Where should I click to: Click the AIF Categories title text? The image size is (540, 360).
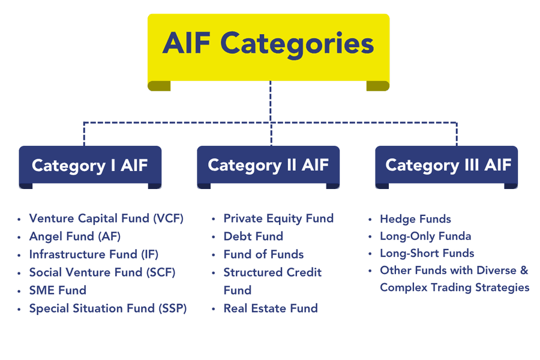click(x=268, y=43)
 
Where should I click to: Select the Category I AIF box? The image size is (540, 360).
click(x=89, y=165)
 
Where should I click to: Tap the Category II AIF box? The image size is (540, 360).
click(x=268, y=165)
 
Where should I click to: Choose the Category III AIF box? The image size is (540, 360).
click(x=448, y=165)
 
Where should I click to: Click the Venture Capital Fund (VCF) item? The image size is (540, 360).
click(x=106, y=218)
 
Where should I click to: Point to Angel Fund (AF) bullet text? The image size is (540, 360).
click(x=74, y=236)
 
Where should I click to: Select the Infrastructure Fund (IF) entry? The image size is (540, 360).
click(x=94, y=254)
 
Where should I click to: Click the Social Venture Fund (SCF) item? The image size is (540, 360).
click(x=102, y=272)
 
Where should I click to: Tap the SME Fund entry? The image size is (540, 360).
click(x=58, y=290)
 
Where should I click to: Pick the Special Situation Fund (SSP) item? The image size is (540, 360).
click(x=108, y=308)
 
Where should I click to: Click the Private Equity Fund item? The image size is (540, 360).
click(x=278, y=218)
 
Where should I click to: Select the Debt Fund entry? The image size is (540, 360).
click(x=253, y=236)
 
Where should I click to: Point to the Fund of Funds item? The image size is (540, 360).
click(x=263, y=254)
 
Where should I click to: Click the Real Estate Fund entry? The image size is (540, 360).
click(x=271, y=308)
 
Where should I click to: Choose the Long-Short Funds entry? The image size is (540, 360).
click(x=427, y=253)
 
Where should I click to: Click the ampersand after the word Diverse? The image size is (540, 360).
click(x=524, y=270)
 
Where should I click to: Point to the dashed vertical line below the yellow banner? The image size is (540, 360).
click(x=271, y=102)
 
